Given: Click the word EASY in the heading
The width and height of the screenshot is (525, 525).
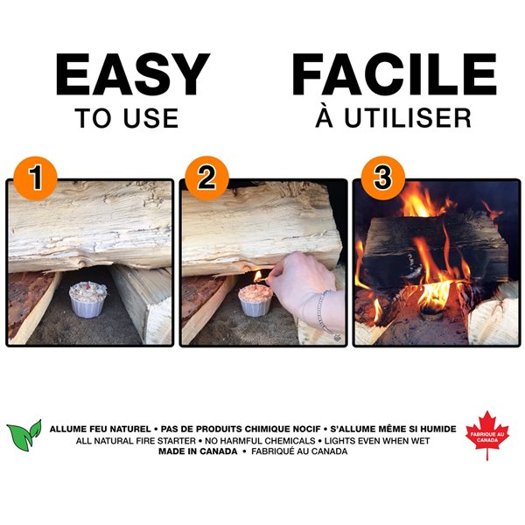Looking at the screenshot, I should pyautogui.click(x=132, y=75).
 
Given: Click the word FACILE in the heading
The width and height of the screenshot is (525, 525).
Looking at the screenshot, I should pyautogui.click(x=393, y=75).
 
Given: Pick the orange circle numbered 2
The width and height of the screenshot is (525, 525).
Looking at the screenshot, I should pyautogui.click(x=206, y=178).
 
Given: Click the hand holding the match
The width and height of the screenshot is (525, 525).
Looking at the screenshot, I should pyautogui.click(x=302, y=284).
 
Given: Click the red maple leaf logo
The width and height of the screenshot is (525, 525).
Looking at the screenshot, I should pyautogui.click(x=486, y=433).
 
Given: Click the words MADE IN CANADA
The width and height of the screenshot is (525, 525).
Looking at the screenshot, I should pyautogui.click(x=198, y=451).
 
